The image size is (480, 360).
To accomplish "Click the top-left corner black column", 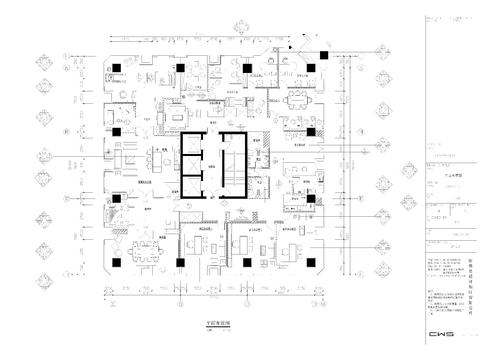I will pos(117,67).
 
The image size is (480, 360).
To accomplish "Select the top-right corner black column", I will pos(312,67).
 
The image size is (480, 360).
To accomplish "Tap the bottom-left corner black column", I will pos(117,263).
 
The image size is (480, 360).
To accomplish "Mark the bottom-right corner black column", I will pos(312,263).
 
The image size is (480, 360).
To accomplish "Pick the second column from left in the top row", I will pos(182,67).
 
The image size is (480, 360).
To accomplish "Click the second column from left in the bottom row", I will pos(182,263).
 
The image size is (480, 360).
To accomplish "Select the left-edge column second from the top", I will pos(117,132).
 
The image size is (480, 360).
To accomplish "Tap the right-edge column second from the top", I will pos(312,132).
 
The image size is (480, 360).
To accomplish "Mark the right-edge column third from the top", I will pos(312,198).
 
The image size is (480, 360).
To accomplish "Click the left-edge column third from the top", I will pos(117,198).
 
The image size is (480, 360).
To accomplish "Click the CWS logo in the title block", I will pos(440,333).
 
